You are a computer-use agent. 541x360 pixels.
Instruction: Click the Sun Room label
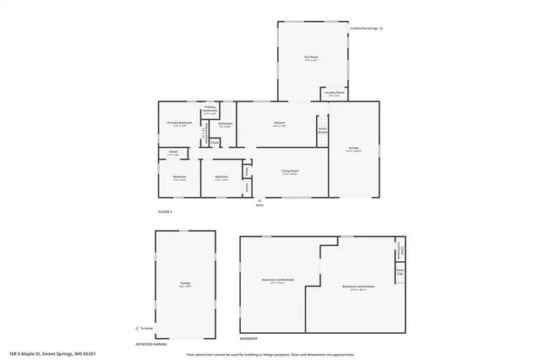pyautogui.click(x=312, y=58)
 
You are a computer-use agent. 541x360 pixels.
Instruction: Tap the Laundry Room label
pyautogui.click(x=332, y=93)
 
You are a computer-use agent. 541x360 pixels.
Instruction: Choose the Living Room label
pyautogui.click(x=290, y=172)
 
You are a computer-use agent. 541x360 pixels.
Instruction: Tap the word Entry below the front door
pyautogui.click(x=260, y=205)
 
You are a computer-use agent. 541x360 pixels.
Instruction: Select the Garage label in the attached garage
pyautogui.click(x=353, y=150)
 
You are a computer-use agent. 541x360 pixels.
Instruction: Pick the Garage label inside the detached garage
pyautogui.click(x=184, y=284)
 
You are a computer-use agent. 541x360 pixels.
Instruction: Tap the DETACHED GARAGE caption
pyautogui.click(x=151, y=345)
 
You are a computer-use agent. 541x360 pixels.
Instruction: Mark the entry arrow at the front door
pyautogui.click(x=260, y=200)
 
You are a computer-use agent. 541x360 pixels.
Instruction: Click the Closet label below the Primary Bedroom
pyautogui.click(x=172, y=154)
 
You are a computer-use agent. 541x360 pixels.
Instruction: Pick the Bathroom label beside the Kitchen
pyautogui.click(x=225, y=125)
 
